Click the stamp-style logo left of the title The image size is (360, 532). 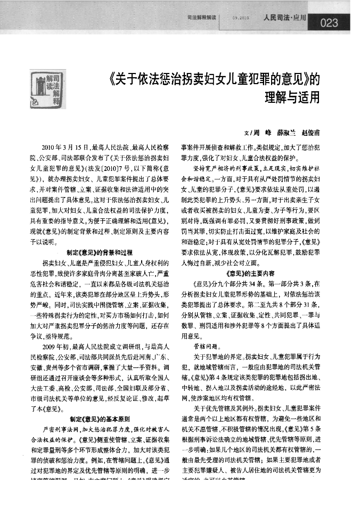[x=45, y=87]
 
